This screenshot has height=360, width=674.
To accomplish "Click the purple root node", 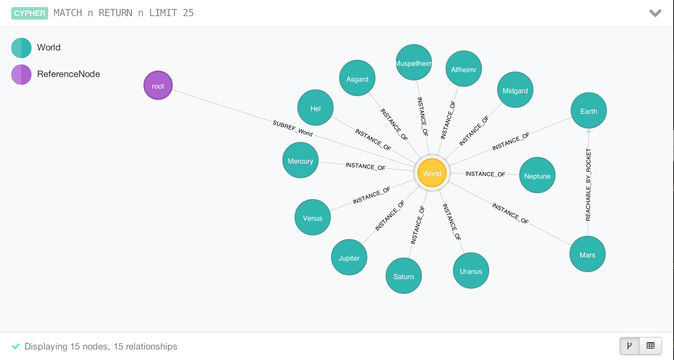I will point(158,85).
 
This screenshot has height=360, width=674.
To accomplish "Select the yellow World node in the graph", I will point(432,173).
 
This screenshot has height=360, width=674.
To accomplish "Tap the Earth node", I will point(588,111).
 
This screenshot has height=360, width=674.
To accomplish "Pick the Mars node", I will point(587,254).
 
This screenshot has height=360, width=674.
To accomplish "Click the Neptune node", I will point(537,175).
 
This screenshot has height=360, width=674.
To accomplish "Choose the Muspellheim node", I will point(414,62).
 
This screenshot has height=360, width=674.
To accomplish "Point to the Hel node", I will point(315,108).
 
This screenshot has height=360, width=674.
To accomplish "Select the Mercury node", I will point(300,160).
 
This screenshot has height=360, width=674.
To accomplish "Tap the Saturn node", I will point(403,276).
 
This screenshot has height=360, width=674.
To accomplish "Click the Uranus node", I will point(471,271).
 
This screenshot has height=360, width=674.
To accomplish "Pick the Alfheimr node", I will point(463,69).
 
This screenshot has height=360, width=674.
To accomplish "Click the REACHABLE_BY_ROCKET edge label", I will point(588,185).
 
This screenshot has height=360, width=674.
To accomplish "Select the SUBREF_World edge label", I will point(293,128).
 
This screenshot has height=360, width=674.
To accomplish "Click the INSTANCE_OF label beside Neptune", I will point(485,174).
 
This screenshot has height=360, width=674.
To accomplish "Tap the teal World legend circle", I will point(21,48).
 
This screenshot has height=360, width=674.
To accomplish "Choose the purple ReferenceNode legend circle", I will point(21,74).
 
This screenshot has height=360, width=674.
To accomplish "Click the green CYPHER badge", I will point(30,13).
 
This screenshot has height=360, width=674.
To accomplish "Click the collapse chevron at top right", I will point(655,13).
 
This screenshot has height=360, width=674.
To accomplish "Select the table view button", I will point(651,346).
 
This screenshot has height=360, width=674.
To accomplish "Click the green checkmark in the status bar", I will point(16,346).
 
